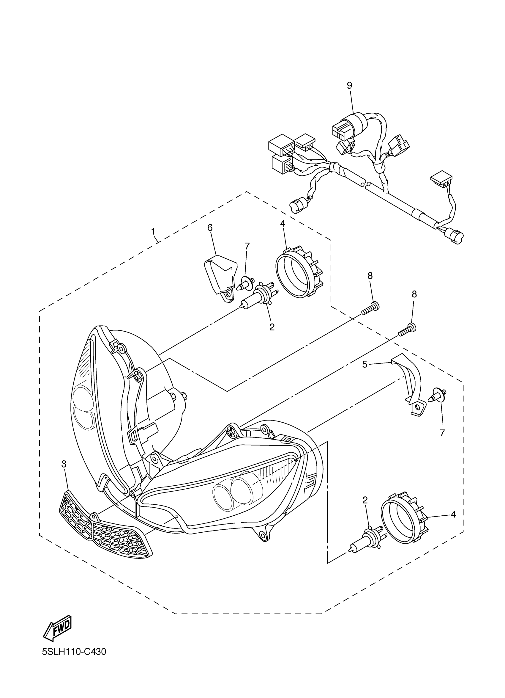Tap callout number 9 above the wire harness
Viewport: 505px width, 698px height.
click(349, 85)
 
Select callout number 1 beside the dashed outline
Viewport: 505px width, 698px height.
click(153, 231)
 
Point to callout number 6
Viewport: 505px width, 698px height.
click(210, 228)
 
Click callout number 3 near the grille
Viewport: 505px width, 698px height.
click(64, 465)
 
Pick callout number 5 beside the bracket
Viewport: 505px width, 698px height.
click(364, 364)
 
